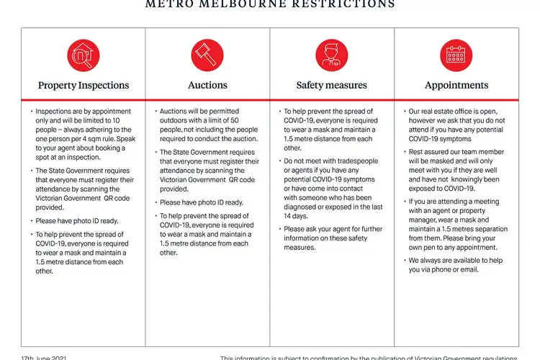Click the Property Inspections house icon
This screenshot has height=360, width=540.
83,55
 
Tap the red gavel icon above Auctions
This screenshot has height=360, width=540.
207,55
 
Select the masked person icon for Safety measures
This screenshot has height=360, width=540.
332,55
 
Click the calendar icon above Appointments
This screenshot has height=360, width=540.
456,55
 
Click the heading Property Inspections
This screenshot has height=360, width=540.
84,85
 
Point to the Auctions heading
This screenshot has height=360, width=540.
207,85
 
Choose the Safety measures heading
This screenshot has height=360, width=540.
332,85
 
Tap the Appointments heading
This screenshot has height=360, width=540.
456,85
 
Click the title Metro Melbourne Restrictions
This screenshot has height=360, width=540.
270,4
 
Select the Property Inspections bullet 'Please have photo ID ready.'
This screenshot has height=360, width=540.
77,221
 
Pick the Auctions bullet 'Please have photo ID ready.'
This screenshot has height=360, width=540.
202,202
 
